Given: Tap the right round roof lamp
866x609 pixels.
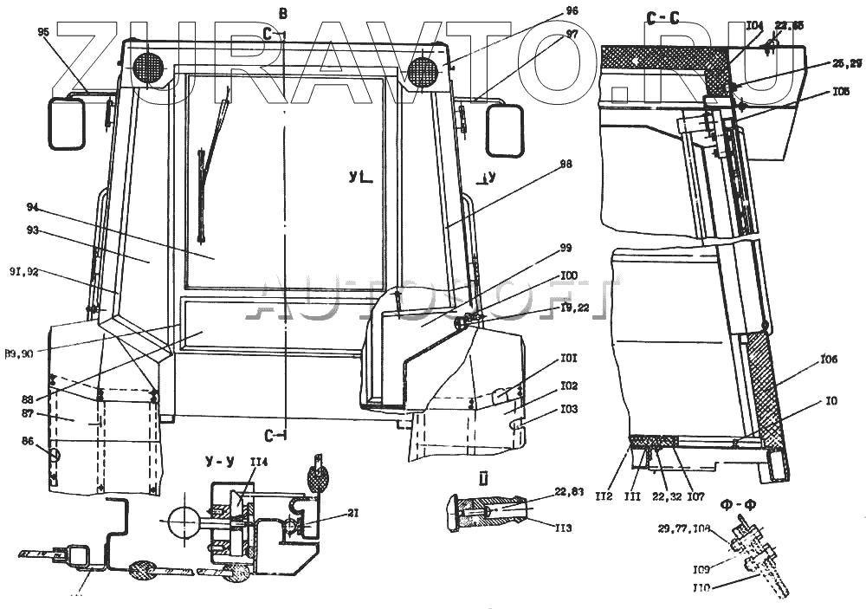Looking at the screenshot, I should point(423,71).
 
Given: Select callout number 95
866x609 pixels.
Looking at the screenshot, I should point(44,32).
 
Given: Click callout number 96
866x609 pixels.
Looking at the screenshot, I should point(572,11).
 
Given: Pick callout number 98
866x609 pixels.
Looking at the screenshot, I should point(565,164).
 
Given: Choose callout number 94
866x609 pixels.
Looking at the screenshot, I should point(33,208).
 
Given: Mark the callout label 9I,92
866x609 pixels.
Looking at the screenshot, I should point(24,272).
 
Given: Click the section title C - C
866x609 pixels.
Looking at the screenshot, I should point(663,16).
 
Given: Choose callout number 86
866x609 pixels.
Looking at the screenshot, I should point(29,442).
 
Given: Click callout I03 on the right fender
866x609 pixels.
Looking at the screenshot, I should point(569,408).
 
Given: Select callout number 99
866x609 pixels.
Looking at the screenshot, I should point(565,248).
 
